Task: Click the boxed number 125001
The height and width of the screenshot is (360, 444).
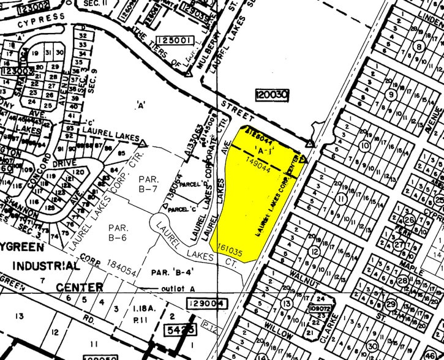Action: tap(175, 40)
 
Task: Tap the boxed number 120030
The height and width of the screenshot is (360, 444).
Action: tap(272, 96)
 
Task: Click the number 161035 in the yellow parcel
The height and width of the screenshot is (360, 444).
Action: tap(227, 251)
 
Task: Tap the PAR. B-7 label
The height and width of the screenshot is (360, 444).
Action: tap(148, 184)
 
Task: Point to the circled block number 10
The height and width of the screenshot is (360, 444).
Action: tap(366, 146)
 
